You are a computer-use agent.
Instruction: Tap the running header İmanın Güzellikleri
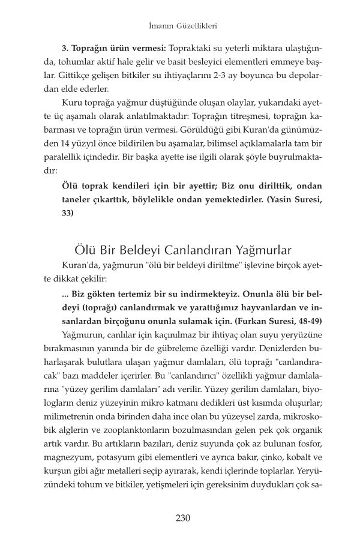point(180,26)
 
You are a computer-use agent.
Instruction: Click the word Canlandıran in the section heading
point(187,232)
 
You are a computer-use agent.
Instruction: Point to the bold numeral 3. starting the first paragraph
point(66,47)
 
